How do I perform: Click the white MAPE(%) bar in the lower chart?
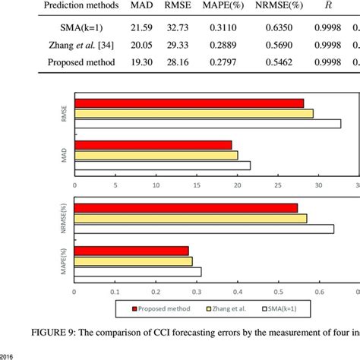pos(137,272)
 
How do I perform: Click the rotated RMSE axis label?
pos(64,114)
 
